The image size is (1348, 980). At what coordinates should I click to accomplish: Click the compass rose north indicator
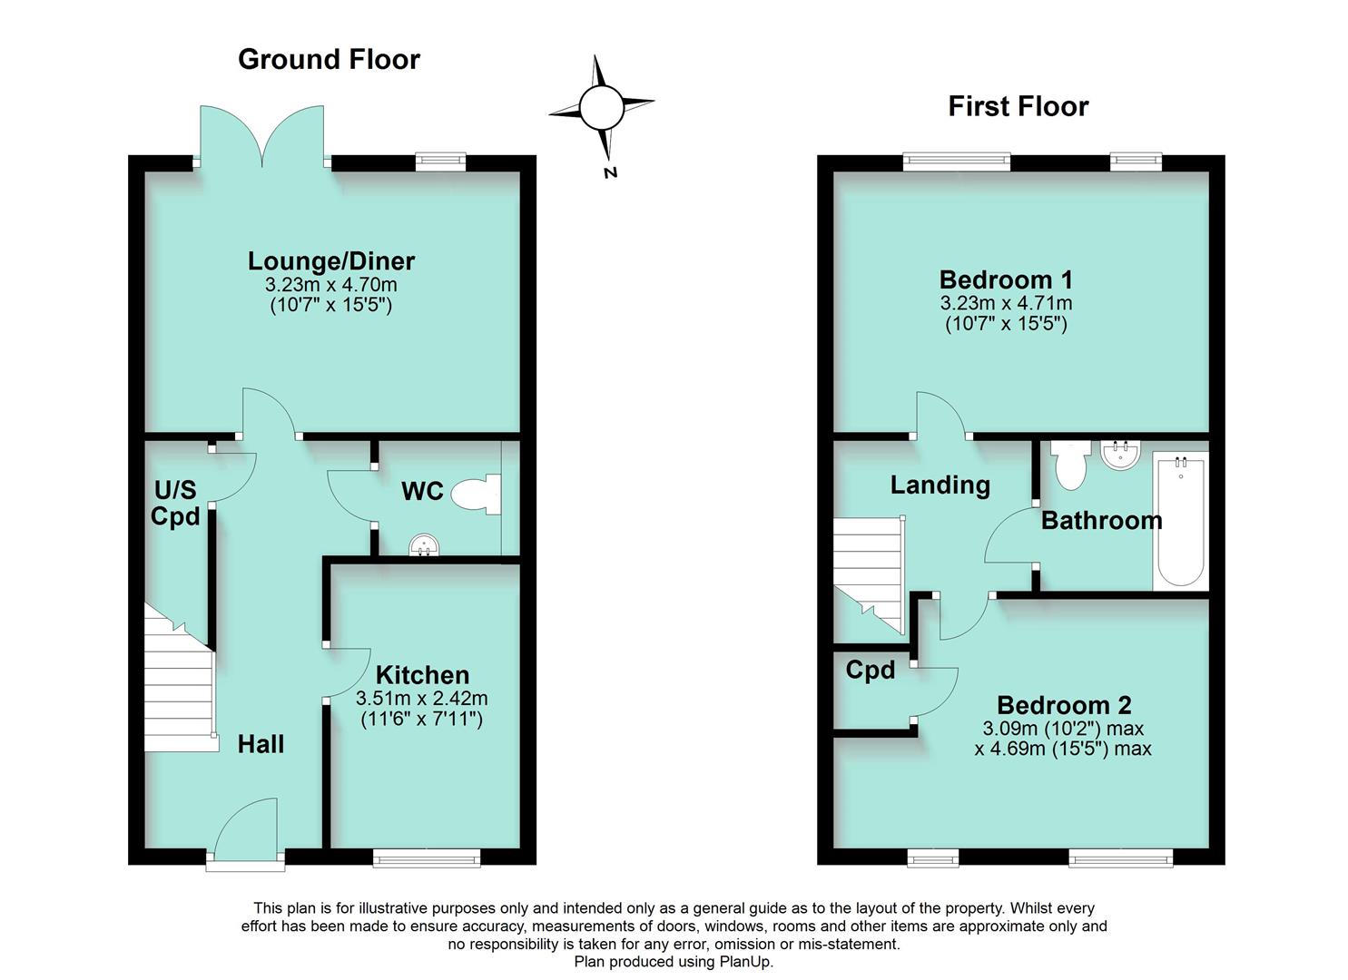601,110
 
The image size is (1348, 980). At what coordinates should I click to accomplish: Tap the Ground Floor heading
329,59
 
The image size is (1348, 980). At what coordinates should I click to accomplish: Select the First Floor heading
1018,106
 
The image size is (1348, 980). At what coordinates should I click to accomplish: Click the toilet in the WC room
477,495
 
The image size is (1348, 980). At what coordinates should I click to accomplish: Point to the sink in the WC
424,544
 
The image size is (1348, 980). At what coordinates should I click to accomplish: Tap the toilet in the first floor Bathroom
1070,465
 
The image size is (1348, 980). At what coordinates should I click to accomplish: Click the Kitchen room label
422,675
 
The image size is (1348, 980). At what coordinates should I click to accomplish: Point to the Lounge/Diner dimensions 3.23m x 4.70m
331,285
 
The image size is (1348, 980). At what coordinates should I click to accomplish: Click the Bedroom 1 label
1006,279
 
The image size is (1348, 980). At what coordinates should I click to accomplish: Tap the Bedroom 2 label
1064,705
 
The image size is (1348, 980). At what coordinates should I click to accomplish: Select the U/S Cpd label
175,504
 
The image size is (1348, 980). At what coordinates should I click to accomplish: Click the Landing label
940,485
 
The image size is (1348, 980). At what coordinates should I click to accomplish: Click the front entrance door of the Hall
245,830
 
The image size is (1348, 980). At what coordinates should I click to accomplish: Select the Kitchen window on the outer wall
426,857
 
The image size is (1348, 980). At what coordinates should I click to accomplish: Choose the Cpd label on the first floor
870,671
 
